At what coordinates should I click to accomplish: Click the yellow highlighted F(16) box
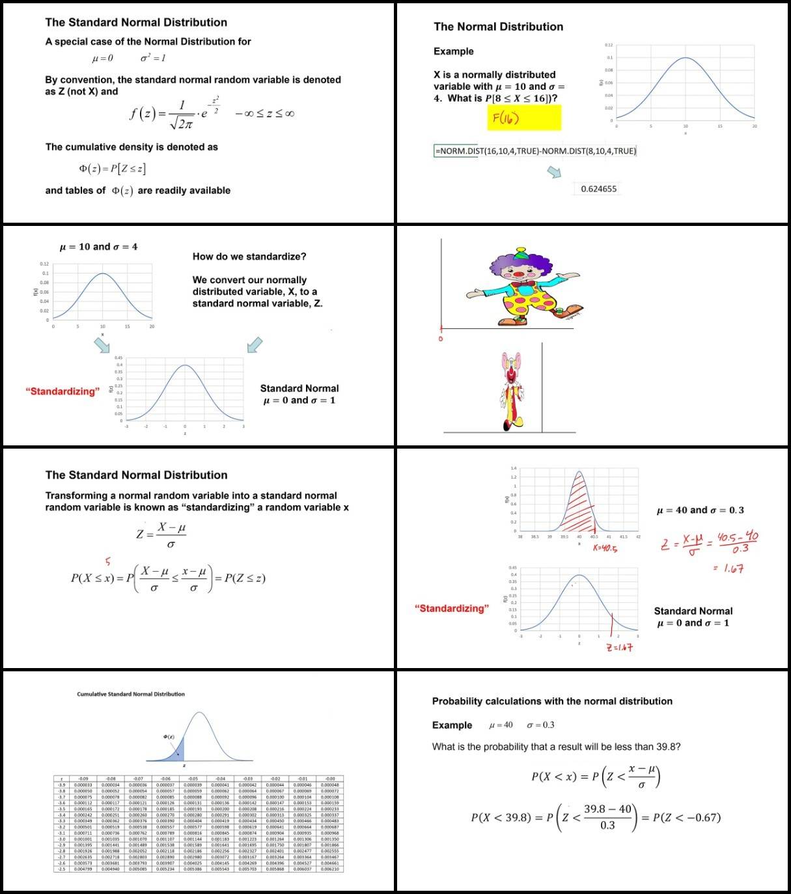click(523, 118)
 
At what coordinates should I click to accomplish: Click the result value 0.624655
click(598, 189)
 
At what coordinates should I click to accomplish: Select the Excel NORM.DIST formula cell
click(535, 151)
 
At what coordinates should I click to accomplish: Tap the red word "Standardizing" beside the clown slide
click(451, 608)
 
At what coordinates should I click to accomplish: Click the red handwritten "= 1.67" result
click(728, 568)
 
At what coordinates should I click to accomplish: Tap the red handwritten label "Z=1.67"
click(619, 647)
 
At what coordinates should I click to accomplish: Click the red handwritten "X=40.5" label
click(605, 548)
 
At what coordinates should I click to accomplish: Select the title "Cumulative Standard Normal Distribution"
click(131, 694)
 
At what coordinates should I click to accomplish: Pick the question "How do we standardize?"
click(249, 257)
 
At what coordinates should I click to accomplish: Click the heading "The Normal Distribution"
click(498, 27)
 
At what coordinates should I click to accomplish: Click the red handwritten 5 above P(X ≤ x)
click(108, 561)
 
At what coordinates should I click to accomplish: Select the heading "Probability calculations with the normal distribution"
click(552, 701)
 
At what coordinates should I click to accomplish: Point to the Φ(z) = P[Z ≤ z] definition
click(112, 169)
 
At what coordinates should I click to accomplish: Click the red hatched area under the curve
click(577, 505)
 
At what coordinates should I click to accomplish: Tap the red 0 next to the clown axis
click(441, 339)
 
